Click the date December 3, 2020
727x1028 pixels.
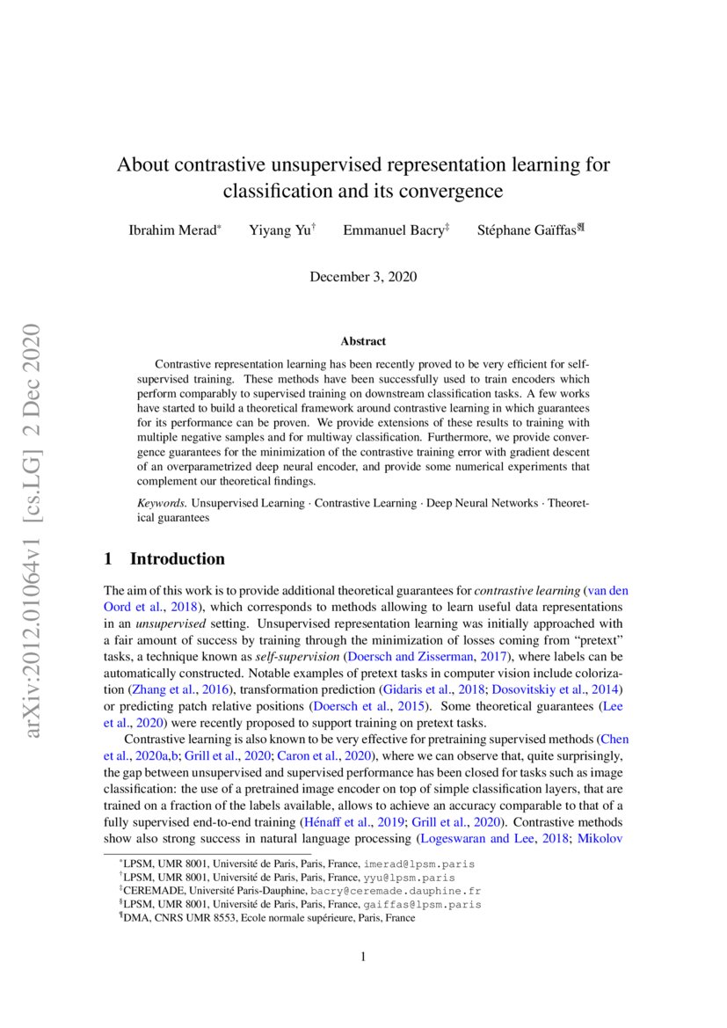tap(363, 277)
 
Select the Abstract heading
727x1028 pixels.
tap(363, 341)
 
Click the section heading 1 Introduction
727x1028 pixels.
tap(164, 559)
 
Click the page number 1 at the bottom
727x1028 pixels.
tap(363, 957)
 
